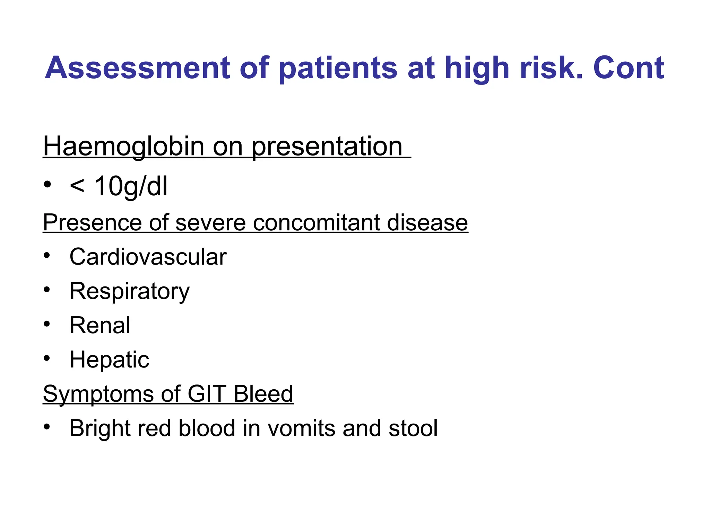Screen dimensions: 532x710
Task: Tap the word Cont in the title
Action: pos(628,68)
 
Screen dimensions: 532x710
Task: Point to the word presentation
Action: pos(327,147)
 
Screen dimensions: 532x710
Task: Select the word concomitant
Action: pos(317,222)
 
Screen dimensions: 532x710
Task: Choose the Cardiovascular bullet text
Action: pos(148,257)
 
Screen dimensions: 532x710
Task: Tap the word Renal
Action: pos(100,326)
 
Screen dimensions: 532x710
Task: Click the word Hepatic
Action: pos(109,360)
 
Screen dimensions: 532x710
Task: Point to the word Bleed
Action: pos(263,394)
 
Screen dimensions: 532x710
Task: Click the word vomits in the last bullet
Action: pos(301,428)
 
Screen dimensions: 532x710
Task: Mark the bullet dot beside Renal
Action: pos(47,324)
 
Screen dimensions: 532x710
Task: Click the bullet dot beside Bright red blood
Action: pos(47,427)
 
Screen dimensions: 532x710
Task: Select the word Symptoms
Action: pos(98,394)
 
